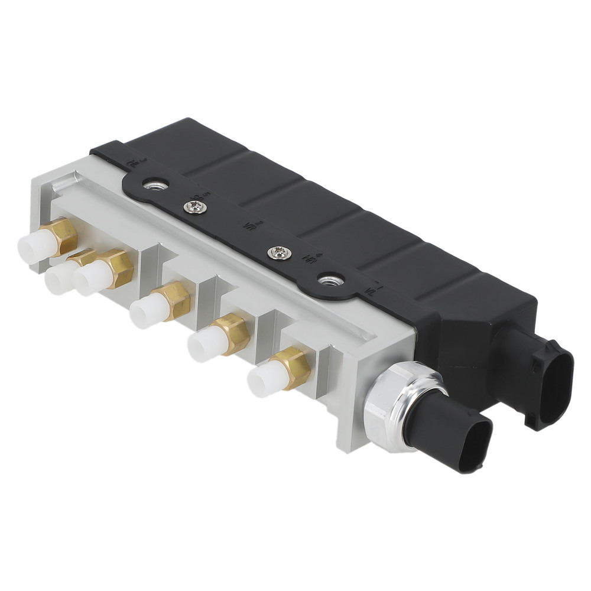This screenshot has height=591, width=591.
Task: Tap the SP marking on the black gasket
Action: tap(193, 196)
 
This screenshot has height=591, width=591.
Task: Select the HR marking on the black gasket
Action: tap(308, 258)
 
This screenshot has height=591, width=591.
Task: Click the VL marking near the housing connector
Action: tap(371, 290)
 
